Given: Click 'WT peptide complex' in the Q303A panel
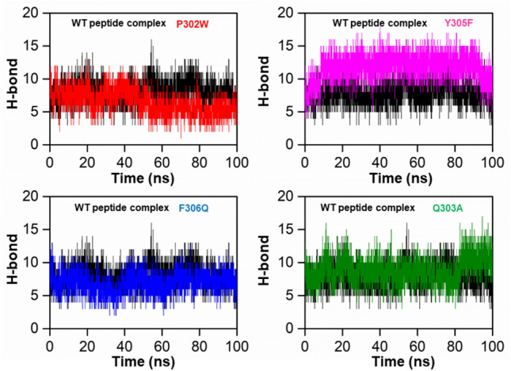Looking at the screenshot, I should (367, 208).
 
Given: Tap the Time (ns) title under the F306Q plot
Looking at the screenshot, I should (143, 358).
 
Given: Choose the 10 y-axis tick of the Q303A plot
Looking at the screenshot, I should (290, 262).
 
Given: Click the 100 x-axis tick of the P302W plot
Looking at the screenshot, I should (237, 156).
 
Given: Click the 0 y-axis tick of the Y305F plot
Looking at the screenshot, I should (294, 144).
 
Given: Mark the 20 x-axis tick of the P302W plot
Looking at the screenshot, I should (87, 156).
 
